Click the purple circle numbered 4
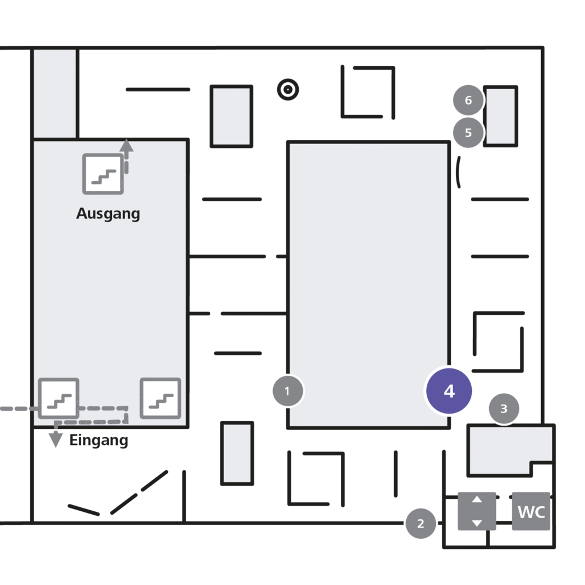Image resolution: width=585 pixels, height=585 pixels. pos(449,391)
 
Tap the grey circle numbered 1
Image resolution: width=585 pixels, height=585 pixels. pos(288,391)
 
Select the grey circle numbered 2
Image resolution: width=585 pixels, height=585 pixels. pos(421,523)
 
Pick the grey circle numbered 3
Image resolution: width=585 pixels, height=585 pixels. pos(504,408)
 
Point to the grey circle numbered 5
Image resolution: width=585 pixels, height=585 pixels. pos(468,133)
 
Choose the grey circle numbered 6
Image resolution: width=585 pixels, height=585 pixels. pos(468,100)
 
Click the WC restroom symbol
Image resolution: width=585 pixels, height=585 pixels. pos(531,511)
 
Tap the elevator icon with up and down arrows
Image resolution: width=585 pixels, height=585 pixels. pos(477,511)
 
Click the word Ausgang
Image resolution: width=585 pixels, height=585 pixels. pos(108,214)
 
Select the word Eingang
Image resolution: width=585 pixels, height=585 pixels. pos(99,440)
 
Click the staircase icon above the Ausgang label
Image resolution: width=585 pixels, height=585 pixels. pos(103,174)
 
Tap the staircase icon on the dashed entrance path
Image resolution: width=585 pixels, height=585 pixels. pos(59,398)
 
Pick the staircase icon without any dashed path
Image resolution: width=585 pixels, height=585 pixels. pos(161,398)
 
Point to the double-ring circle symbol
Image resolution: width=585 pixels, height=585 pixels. pos(288,90)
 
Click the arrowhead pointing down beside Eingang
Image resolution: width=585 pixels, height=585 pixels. pos(55,439)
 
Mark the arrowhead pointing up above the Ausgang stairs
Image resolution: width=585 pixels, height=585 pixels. pos(126,146)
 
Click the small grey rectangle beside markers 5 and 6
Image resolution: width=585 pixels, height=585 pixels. pos(500,117)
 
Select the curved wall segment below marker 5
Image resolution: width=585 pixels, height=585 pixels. pos(458,173)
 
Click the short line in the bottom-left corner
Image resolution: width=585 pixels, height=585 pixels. pos(83,510)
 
